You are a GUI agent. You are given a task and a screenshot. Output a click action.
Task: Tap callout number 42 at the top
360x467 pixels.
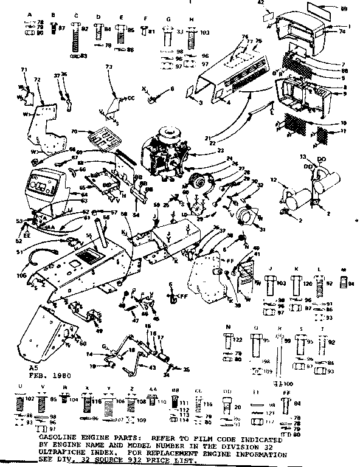(263, 4)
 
